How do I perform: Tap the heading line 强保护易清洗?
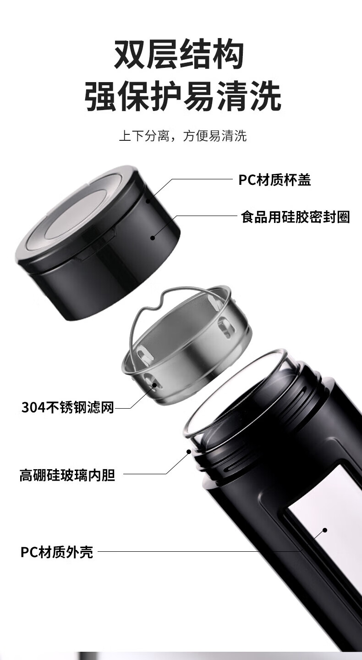click(183, 96)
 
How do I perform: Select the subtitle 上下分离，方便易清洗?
click(183, 136)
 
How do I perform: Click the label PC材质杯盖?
click(274, 180)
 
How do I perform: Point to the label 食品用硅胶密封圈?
click(295, 217)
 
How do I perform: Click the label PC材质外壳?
click(57, 552)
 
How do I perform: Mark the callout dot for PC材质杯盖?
click(148, 201)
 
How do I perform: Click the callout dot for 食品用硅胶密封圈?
click(153, 238)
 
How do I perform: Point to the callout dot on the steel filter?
click(154, 384)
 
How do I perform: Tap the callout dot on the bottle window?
click(325, 530)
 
